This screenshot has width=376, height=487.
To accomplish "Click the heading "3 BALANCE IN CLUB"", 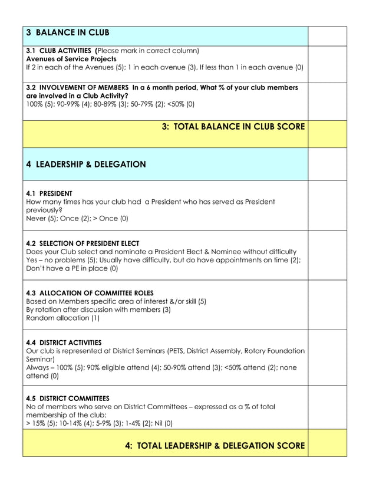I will pos(68,32).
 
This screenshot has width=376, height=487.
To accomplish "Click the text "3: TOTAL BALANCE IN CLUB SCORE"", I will pos(233,127).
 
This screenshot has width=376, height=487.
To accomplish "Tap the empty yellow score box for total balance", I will pos(327,134).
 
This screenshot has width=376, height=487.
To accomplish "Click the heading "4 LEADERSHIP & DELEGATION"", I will pos(86,164).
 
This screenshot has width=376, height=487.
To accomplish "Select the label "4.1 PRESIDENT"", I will pos(50,193).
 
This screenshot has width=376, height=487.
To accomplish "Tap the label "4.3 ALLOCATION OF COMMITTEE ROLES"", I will pos(90,293).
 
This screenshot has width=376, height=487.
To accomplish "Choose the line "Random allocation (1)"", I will pos(63,318).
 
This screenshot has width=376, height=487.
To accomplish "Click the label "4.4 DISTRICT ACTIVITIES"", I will pos(64,343).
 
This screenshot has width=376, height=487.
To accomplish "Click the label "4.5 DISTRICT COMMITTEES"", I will pos(68,398).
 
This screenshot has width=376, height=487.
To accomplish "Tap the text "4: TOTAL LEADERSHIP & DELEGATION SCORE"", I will pos(215,446).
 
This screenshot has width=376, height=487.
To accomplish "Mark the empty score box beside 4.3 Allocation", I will pos(327,305).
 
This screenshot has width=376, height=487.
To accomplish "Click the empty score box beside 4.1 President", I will pos(327,205).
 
